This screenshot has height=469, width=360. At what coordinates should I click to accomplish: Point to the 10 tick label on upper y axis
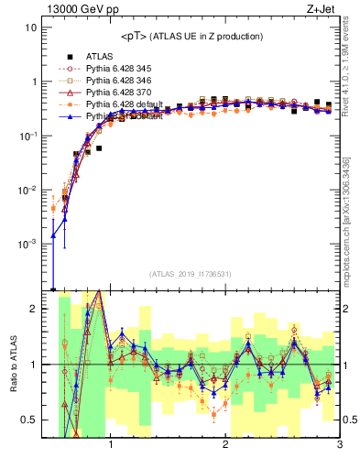pyautogui.click(x=30, y=27)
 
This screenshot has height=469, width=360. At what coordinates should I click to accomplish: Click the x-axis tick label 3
pyautogui.click(x=339, y=446)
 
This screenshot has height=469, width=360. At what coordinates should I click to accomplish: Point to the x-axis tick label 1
pyautogui.click(x=111, y=446)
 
